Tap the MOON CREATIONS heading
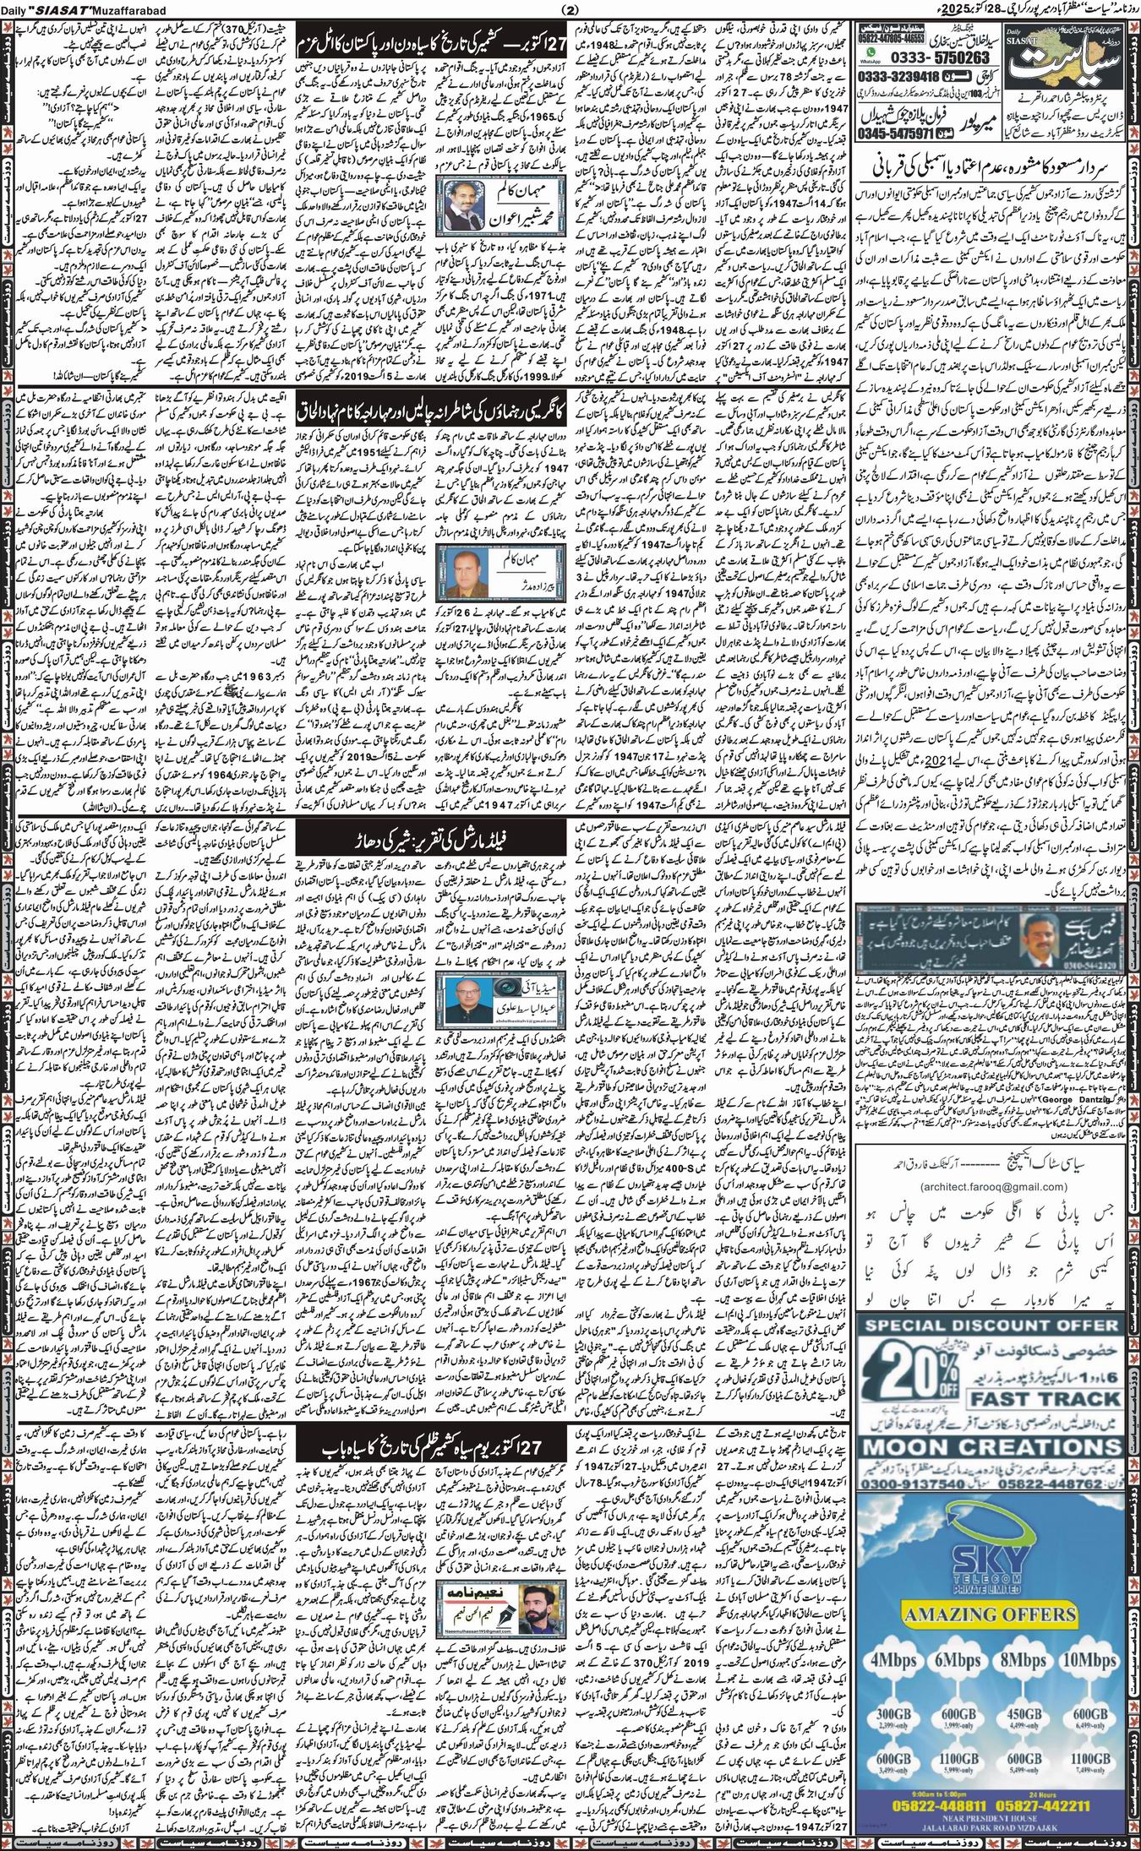988,1446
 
